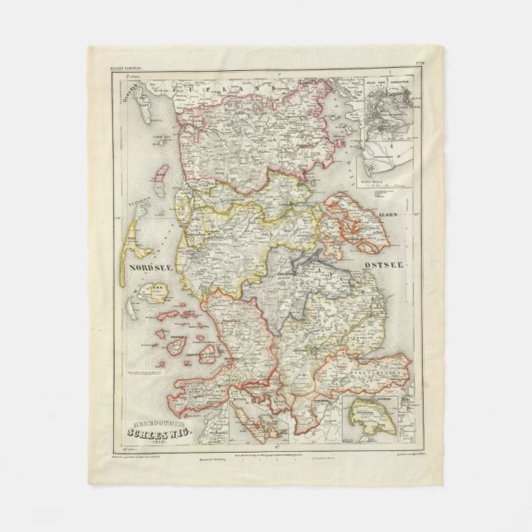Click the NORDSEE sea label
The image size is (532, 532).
(x=148, y=267)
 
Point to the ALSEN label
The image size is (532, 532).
(x=387, y=214)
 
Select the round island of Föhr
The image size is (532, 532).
(x=152, y=292)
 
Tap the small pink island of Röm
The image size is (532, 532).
(x=163, y=176)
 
